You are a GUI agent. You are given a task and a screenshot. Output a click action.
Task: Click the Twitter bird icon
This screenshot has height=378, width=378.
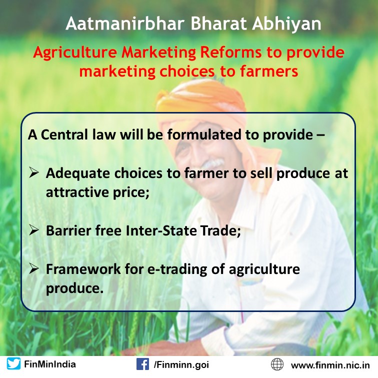coord(13,364)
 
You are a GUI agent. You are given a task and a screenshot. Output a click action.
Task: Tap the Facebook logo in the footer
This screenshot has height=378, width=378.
coord(142,364)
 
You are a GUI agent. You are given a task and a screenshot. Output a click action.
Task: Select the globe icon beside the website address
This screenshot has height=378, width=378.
coord(277,364)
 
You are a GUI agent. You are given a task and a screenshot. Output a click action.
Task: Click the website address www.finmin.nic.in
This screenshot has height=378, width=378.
coord(330,365)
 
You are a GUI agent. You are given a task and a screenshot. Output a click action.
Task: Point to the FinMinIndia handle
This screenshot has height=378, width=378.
coord(50,364)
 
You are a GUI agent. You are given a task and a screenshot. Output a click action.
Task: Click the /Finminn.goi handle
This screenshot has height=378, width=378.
coord(181,364)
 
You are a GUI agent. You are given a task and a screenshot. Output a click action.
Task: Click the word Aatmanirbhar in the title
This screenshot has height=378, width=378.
coord(125,23)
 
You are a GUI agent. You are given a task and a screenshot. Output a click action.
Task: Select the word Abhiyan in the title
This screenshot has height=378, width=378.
coord(286,24)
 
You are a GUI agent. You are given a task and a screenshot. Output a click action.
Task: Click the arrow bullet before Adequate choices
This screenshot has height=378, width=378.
coord(34,172)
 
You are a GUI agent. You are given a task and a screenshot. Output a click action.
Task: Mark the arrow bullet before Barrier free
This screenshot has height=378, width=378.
coord(34,229)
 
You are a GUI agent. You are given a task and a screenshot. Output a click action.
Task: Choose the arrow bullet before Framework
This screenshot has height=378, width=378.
coord(34,268)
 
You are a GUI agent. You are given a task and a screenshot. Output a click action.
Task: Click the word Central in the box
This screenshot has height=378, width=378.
coord(64,134)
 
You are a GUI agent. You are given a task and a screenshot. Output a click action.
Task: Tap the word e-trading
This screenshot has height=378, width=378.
coord(177,269)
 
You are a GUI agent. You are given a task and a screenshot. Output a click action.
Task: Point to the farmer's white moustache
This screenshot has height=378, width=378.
coord(212,164)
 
